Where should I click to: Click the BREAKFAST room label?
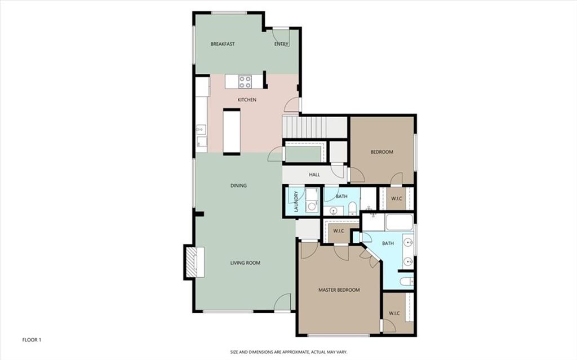coord(222,44)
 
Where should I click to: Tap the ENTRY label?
coord(281,44)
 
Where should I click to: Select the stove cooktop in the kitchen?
coord(245,82)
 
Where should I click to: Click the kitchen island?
coord(232,131)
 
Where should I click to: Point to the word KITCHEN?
coord(247,100)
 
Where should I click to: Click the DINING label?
coord(238,185)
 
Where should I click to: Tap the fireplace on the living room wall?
coord(192,262)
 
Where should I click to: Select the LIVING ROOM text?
coord(245,263)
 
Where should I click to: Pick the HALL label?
coord(314,175)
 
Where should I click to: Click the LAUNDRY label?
coord(287,201)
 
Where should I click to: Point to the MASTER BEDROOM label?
coord(339,290)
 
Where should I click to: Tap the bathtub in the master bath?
coord(400,223)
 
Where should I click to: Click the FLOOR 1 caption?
coord(32,340)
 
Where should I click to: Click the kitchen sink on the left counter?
coord(201,130)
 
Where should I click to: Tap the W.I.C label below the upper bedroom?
coord(397,198)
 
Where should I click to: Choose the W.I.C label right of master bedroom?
coord(394,313)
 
